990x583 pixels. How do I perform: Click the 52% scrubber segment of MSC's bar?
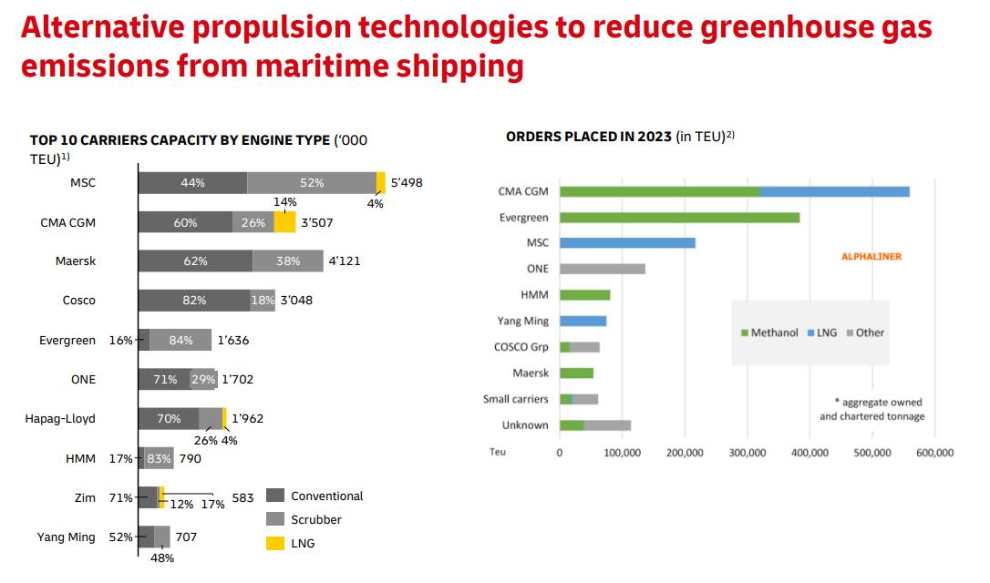pyautogui.click(x=311, y=182)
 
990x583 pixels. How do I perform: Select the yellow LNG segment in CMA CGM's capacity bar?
pyautogui.click(x=285, y=222)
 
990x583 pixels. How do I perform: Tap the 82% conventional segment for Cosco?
pyautogui.click(x=193, y=301)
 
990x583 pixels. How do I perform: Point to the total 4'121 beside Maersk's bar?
pyautogui.click(x=344, y=261)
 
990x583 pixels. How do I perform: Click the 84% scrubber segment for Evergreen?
pyautogui.click(x=180, y=340)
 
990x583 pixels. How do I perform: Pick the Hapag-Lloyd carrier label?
pyautogui.click(x=60, y=418)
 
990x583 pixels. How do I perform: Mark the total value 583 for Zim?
pyautogui.click(x=242, y=497)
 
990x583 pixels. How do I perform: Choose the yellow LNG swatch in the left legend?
pyautogui.click(x=275, y=543)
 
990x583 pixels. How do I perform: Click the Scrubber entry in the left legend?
pyautogui.click(x=315, y=519)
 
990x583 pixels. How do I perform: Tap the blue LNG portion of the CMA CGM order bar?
pyautogui.click(x=834, y=191)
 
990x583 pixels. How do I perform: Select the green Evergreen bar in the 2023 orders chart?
pyautogui.click(x=679, y=218)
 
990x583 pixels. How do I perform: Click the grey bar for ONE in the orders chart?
pyautogui.click(x=603, y=269)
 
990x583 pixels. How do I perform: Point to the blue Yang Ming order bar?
pyautogui.click(x=583, y=321)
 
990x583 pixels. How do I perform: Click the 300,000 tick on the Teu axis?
pyautogui.click(x=748, y=452)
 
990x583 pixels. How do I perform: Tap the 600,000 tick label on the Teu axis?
pyautogui.click(x=934, y=452)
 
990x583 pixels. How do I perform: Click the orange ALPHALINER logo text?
pyautogui.click(x=871, y=257)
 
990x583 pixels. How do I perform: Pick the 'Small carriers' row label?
pyautogui.click(x=516, y=399)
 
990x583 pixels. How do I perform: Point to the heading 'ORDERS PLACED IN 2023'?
pyautogui.click(x=588, y=137)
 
